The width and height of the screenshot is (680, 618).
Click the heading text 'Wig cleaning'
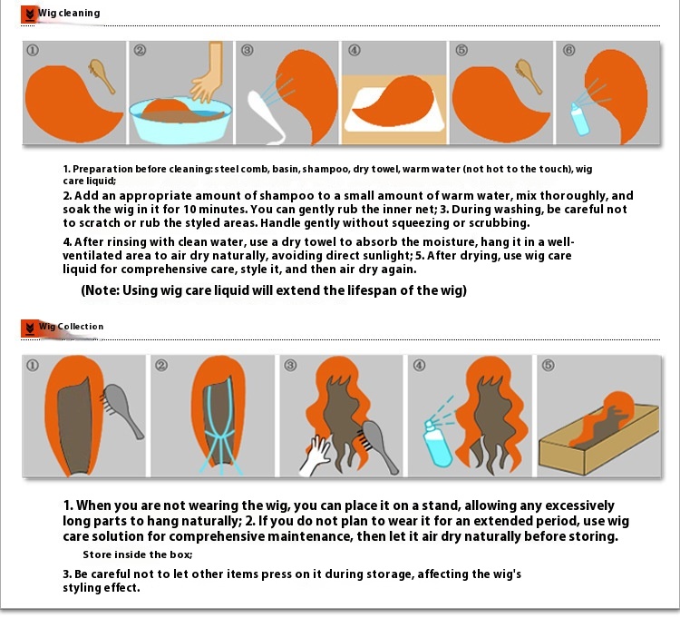(69, 13)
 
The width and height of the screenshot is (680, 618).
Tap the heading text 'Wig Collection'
(71, 327)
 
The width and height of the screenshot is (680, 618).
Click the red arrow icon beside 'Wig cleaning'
(29, 15)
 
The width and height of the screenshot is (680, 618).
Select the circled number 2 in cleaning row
(140, 50)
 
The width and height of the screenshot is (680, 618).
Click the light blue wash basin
(180, 120)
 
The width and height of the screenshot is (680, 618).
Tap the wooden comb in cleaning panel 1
(102, 76)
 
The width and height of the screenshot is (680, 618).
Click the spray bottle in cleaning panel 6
(579, 119)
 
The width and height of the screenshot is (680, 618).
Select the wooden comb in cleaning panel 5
(529, 76)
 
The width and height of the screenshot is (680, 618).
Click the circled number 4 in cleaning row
(355, 50)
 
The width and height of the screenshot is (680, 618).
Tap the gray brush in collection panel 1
(122, 410)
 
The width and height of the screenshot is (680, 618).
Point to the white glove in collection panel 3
(316, 456)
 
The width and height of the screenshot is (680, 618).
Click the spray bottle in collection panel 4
(437, 443)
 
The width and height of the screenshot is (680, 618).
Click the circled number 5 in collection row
(549, 365)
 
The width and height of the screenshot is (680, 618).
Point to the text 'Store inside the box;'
(138, 554)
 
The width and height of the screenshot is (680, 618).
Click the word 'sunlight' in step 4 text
(380, 255)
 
